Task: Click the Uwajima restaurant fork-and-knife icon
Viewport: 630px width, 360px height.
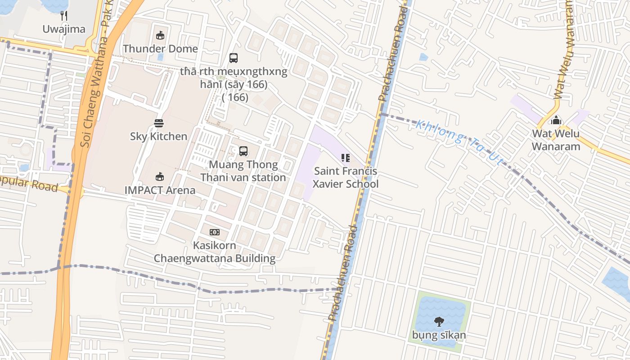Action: point(64,16)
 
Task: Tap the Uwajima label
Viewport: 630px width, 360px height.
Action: point(64,29)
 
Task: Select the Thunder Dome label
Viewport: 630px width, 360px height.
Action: point(160,49)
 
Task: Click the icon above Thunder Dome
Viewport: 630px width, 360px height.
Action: point(160,35)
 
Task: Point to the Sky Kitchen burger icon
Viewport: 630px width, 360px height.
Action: point(158,123)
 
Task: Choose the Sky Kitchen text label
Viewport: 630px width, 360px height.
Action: point(158,136)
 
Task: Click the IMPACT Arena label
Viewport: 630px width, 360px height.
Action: point(160,190)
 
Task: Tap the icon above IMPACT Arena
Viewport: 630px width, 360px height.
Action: point(160,176)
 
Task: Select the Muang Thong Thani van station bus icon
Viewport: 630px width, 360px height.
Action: point(243,151)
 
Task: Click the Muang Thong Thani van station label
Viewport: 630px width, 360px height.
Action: point(243,171)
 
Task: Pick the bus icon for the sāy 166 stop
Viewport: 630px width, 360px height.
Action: point(234,58)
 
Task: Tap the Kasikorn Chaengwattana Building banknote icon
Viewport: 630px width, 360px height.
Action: point(215,232)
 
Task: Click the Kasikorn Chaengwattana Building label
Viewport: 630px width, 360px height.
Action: point(215,252)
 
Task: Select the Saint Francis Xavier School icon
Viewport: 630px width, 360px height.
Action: point(346,158)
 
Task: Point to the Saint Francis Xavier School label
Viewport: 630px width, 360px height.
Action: point(346,178)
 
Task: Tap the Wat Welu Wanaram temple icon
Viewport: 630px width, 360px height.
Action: point(556,120)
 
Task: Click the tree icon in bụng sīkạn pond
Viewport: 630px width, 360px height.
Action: point(439,322)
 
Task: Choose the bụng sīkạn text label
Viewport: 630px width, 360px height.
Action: point(439,335)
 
